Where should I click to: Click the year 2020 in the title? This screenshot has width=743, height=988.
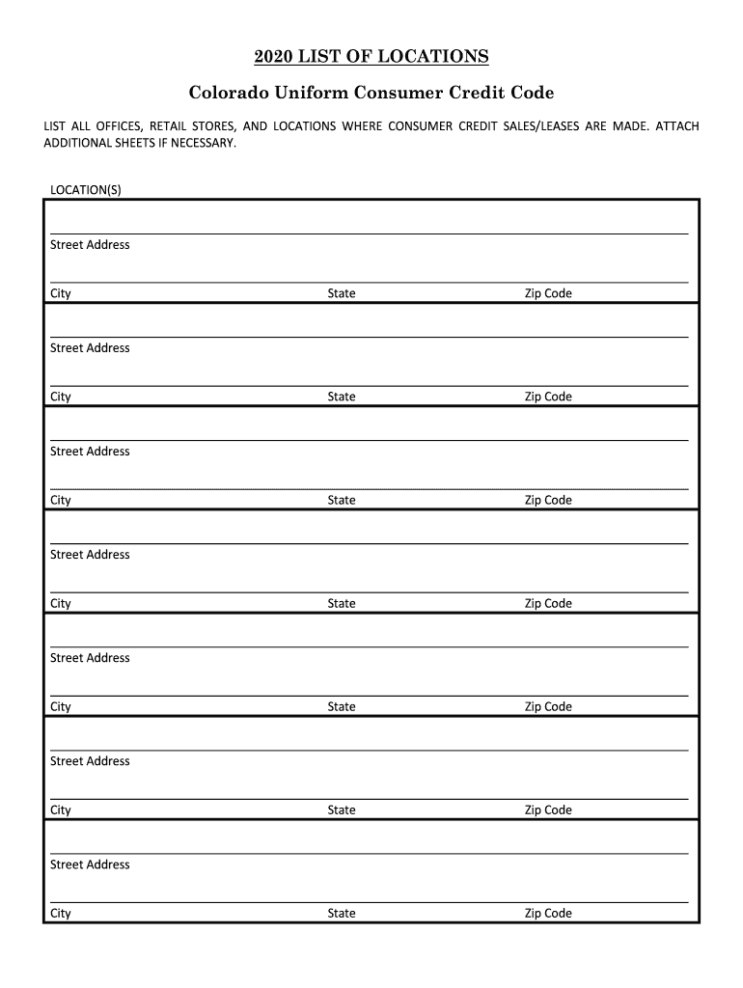[x=274, y=57]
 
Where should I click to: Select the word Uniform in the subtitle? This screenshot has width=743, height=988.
[x=316, y=94]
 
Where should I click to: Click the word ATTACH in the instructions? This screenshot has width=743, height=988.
[x=677, y=126]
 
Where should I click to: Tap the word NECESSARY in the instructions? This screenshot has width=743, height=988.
[x=199, y=143]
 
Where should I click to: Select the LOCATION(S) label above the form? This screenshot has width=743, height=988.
[x=86, y=189]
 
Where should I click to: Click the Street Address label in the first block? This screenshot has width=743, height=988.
[x=90, y=245]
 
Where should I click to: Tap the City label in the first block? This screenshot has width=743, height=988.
[x=61, y=293]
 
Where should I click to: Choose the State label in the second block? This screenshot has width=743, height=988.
[x=342, y=397]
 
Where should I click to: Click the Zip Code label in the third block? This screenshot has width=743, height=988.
[x=548, y=500]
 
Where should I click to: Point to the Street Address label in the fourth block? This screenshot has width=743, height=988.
[x=90, y=555]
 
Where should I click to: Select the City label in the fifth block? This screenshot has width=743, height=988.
[x=61, y=706]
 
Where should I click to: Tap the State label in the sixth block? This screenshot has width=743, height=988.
[x=342, y=810]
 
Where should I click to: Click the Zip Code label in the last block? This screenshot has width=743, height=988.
[x=548, y=913]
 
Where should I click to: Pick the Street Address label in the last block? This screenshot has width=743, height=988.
[x=90, y=864]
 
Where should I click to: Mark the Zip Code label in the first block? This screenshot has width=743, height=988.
[x=548, y=293]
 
